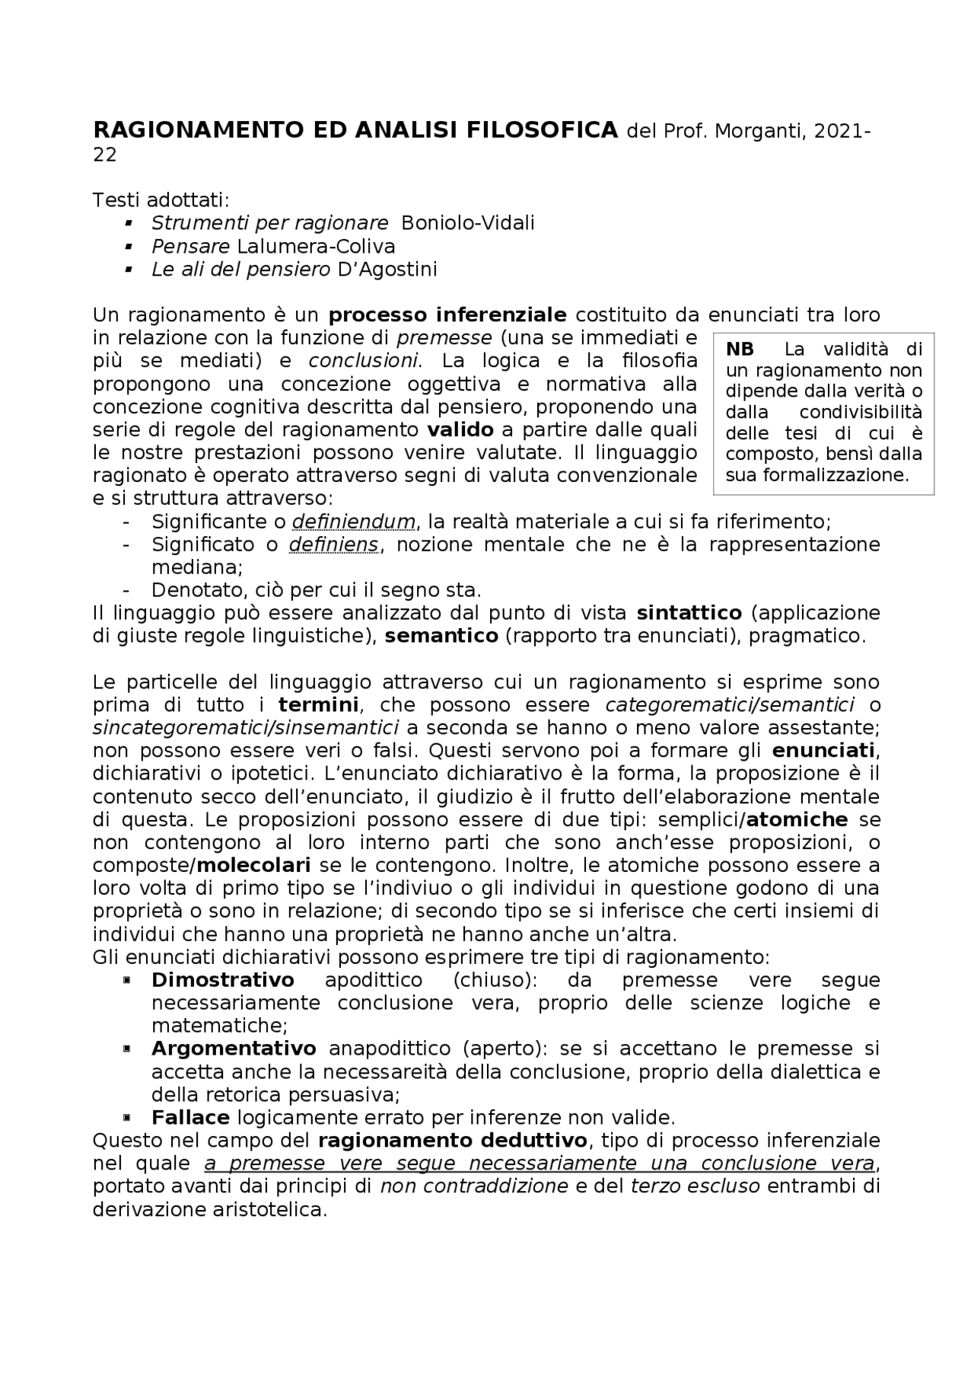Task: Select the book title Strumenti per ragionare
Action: (269, 223)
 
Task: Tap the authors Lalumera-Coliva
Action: (316, 246)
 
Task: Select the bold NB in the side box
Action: (740, 350)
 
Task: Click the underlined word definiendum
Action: (354, 522)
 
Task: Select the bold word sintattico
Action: (689, 613)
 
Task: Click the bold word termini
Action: (318, 704)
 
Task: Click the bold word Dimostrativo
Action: (222, 980)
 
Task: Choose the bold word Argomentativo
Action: (234, 1049)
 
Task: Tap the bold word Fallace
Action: (190, 1118)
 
